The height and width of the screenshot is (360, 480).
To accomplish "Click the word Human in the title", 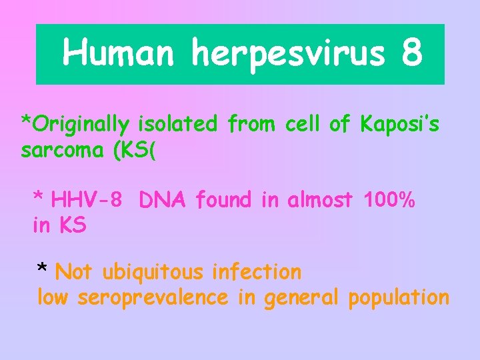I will pos(118,53).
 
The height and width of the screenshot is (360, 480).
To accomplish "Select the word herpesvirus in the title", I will pos(288,53).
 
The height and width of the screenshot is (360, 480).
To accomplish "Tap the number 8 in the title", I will pos(412,53).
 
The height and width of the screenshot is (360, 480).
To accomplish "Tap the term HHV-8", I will pos(86,199).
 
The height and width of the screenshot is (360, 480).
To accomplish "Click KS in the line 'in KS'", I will pos(72,225).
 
